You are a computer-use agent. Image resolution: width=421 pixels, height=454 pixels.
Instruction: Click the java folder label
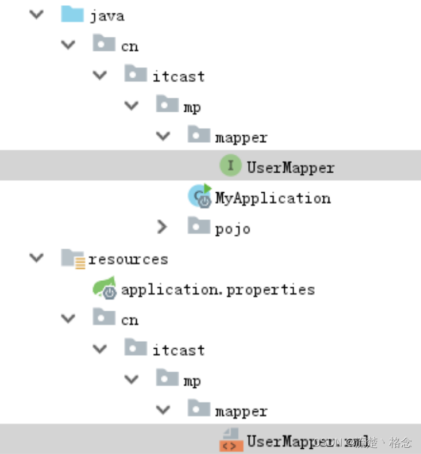tap(107, 16)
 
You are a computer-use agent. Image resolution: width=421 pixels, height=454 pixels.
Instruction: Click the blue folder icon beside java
tap(72, 14)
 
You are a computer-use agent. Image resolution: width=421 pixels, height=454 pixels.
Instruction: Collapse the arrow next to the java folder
tap(36, 14)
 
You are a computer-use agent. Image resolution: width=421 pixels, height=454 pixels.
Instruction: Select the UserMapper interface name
tap(290, 167)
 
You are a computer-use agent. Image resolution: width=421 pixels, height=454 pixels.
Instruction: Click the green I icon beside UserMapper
tap(230, 166)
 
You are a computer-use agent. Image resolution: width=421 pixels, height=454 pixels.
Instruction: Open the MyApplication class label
tap(273, 198)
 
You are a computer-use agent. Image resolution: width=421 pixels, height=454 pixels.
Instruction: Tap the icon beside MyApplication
tap(200, 197)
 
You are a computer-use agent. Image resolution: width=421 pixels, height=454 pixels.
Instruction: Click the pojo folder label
tap(233, 229)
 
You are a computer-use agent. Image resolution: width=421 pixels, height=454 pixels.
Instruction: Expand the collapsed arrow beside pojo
tap(163, 227)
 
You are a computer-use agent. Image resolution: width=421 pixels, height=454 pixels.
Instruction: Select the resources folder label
tap(128, 259)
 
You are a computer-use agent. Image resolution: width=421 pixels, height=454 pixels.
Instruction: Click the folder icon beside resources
tap(73, 258)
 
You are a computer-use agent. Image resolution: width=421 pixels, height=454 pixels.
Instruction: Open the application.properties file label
tap(218, 289)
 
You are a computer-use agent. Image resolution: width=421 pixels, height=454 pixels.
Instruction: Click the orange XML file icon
tap(229, 441)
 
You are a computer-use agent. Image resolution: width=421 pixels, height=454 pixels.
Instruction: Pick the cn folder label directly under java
tap(130, 46)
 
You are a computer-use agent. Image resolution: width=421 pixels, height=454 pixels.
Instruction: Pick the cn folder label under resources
tap(130, 319)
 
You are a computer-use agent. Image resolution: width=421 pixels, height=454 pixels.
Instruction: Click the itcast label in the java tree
tap(179, 76)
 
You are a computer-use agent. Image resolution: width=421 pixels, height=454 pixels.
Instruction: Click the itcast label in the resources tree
tap(179, 350)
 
